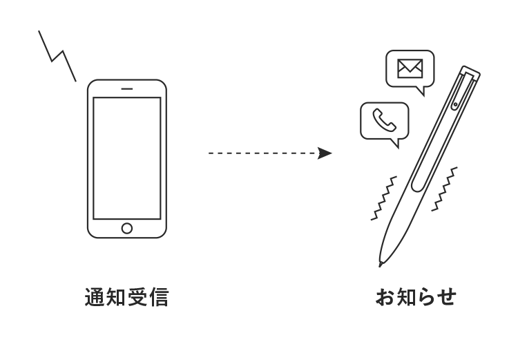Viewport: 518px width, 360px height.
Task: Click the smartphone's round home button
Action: pos(126,228)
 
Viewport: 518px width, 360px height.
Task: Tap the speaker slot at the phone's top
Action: pos(126,88)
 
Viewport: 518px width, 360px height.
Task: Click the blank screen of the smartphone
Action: pos(126,158)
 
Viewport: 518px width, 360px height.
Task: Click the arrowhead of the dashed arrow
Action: pos(325,153)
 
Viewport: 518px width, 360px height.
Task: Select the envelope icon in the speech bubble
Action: pos(409,68)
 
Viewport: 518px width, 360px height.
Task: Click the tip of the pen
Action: pos(381,264)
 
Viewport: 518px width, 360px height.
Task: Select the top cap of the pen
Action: pos(471,72)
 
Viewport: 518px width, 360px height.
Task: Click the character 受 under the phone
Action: pos(137,298)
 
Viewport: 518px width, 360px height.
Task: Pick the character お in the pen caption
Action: pos(385,298)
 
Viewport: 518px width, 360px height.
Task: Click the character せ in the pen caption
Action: pos(447,298)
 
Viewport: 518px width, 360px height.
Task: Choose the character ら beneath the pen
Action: pos(426,298)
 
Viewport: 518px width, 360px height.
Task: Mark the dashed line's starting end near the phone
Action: pos(210,153)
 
